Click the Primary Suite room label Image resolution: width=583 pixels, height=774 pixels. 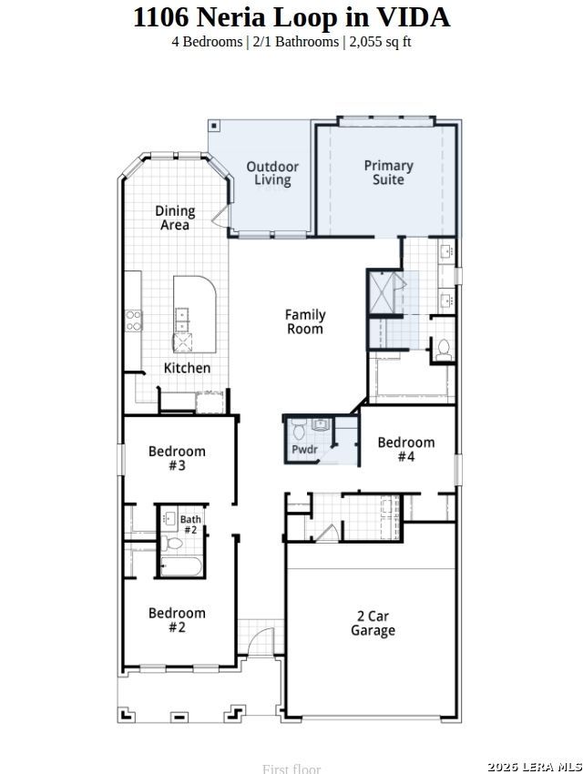pos(388,173)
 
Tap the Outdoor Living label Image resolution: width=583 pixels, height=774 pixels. pos(272,173)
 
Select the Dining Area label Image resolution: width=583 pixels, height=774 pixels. pos(175,218)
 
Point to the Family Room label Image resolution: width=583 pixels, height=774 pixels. pos(305,321)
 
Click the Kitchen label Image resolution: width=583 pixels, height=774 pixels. pos(187,368)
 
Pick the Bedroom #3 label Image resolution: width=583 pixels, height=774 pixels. pos(177,458)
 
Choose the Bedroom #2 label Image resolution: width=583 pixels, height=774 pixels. pos(177,620)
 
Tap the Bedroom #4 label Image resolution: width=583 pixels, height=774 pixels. pos(405,449)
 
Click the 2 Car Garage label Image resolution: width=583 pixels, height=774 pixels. pos(373,624)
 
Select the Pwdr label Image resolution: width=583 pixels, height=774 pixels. pos(304,449)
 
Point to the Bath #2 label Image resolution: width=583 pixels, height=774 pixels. pos(190,524)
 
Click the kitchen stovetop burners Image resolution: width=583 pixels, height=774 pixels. pos(133,321)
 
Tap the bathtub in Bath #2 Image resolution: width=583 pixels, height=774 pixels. pos(181,565)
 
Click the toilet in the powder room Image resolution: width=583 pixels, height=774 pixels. pos(299,430)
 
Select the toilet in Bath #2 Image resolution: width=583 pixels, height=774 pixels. pos(171,544)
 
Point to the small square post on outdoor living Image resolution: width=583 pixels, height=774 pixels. pos(214,126)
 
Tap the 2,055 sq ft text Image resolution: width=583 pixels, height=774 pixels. pos(380,42)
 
